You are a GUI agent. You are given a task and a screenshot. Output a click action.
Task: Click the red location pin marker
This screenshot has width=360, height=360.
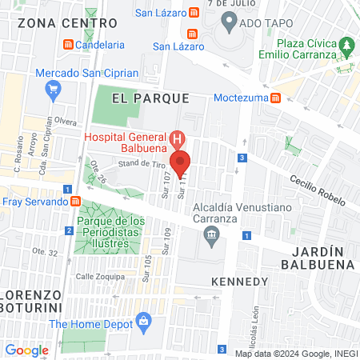(180, 162)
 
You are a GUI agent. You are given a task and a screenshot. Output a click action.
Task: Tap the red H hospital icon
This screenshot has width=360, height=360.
(180, 137)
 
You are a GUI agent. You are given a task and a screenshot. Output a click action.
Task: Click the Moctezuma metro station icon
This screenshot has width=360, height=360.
(275, 98)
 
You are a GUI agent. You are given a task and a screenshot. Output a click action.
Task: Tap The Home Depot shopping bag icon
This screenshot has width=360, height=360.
(144, 323)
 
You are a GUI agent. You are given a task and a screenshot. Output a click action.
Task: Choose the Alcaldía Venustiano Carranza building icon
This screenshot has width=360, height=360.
(212, 234)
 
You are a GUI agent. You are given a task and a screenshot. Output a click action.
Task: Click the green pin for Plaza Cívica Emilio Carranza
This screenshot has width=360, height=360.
(346, 43)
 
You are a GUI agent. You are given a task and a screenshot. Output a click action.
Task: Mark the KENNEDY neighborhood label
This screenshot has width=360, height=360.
(239, 282)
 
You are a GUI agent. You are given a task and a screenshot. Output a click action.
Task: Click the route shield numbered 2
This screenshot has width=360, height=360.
(69, 231)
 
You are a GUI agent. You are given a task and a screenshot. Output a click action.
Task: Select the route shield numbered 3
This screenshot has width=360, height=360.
(242, 158)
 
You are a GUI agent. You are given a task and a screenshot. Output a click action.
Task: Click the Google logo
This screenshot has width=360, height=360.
(27, 350)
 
